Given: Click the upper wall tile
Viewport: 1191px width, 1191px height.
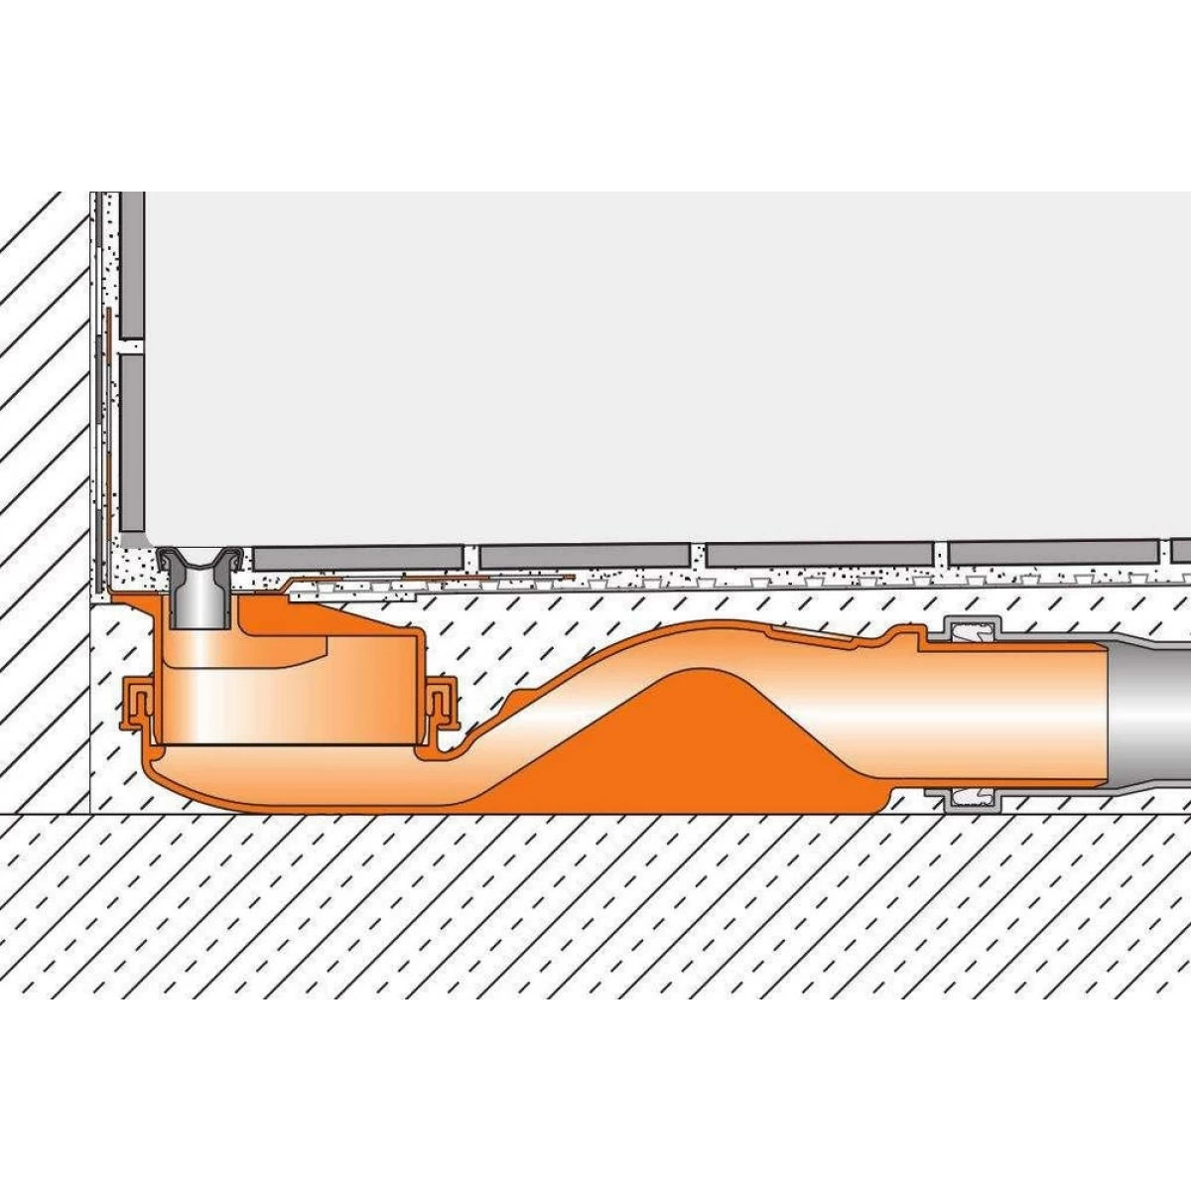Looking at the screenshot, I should point(132,263).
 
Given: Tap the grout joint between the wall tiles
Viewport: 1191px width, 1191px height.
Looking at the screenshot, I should point(132,344).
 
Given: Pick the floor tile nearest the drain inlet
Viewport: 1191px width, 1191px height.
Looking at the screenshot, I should point(357,557).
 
